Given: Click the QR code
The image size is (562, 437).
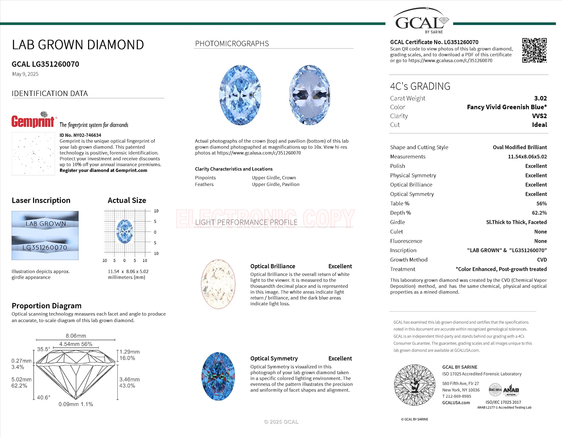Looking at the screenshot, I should [x=534, y=50].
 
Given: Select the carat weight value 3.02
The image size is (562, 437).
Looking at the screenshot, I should [x=540, y=98].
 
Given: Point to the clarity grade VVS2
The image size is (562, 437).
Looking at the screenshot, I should [x=539, y=116].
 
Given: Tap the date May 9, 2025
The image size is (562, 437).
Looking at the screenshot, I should [x=25, y=74].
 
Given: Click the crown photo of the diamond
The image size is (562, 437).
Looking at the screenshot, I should [x=240, y=95].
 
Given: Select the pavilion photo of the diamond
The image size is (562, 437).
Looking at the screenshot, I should [x=310, y=95].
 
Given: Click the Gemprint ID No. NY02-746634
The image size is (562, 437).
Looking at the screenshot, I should [x=80, y=135].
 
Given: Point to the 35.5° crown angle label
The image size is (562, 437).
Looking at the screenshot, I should [x=43, y=349].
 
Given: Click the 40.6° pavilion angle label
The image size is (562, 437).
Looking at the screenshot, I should [x=43, y=397].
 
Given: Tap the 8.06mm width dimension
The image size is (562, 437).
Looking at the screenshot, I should [x=76, y=336].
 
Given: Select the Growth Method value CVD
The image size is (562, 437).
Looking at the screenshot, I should [x=542, y=260].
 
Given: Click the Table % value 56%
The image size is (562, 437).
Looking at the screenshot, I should [x=541, y=204].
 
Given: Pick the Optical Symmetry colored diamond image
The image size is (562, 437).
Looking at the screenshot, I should [x=218, y=376].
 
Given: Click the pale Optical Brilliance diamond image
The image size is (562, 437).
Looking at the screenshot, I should [x=218, y=284].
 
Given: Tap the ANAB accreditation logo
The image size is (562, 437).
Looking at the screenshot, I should [x=511, y=391].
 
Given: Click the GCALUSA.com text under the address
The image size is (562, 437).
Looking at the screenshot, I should [x=456, y=402].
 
